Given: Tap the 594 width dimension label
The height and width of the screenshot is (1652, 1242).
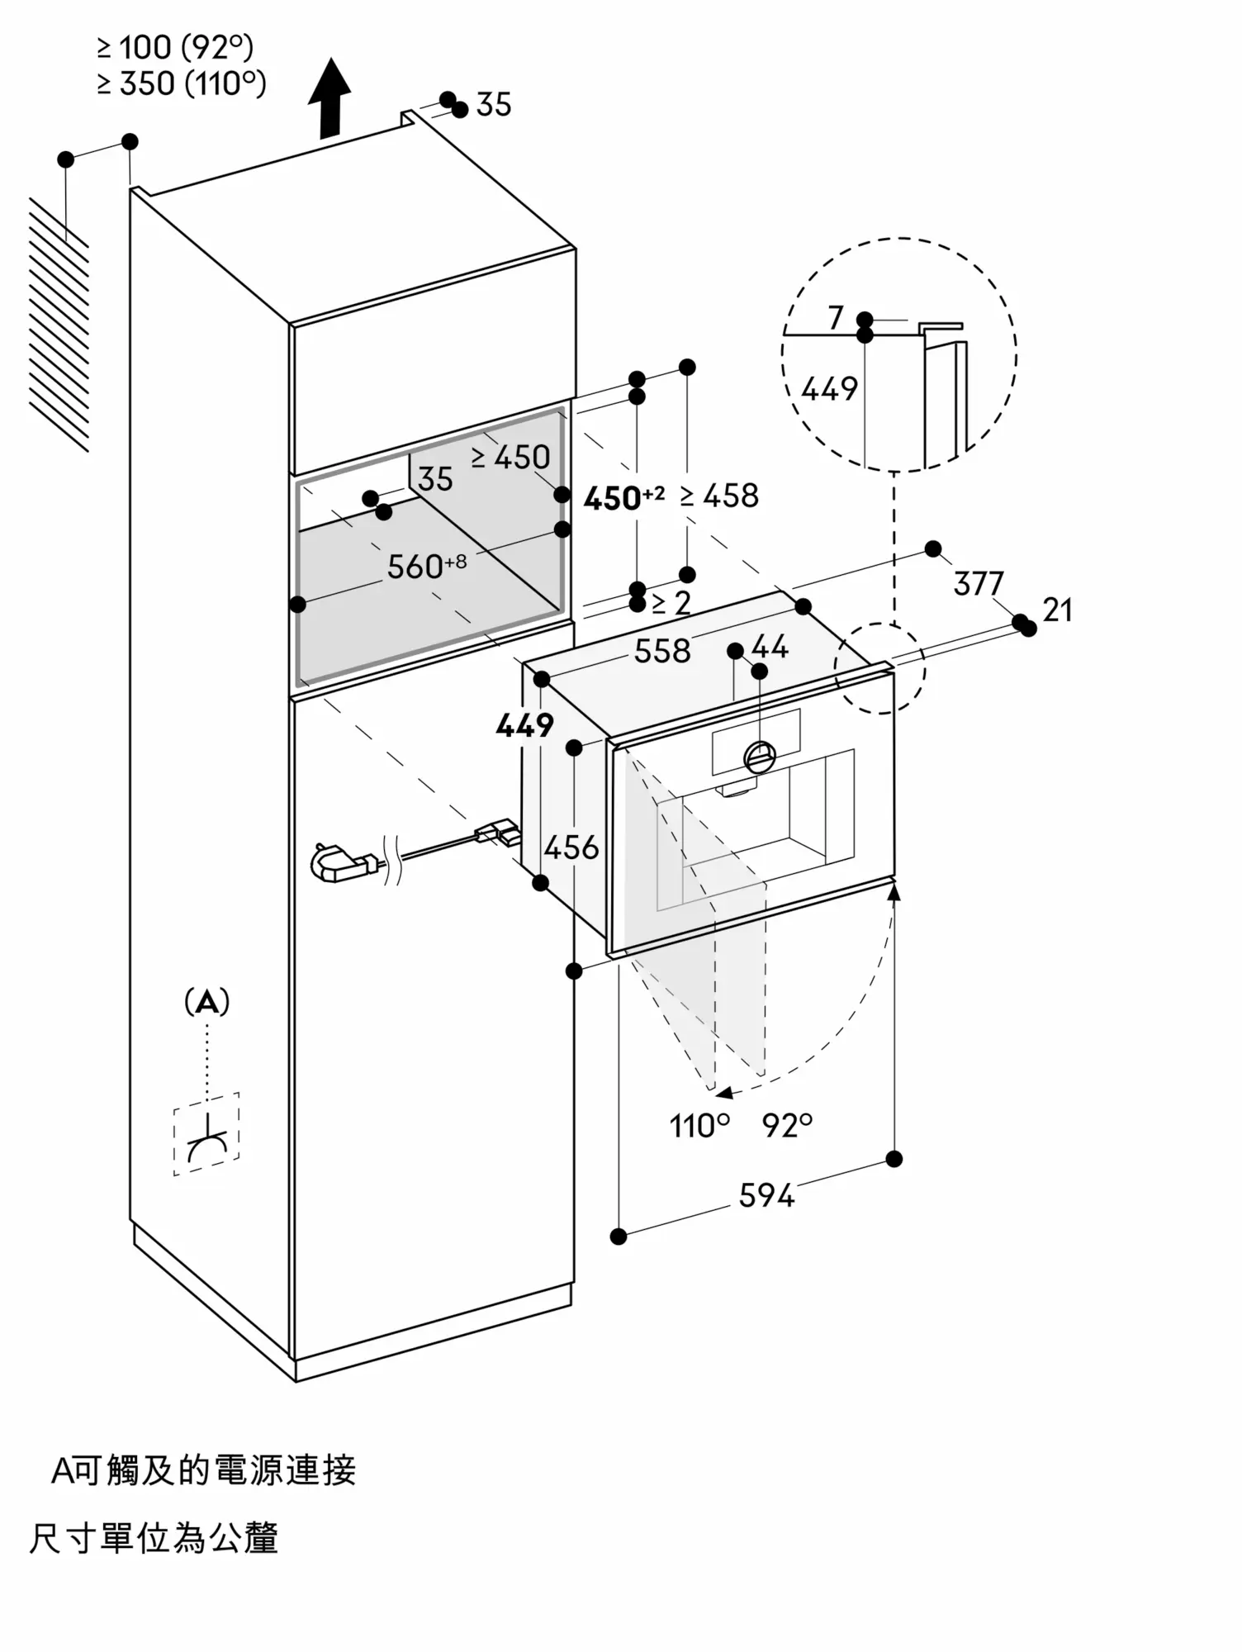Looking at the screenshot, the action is tap(766, 1195).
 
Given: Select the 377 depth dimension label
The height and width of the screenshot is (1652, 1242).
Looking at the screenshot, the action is tap(979, 584).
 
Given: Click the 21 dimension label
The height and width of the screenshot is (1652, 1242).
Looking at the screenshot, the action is tap(1058, 610).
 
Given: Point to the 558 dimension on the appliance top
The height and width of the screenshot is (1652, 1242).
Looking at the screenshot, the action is tap(662, 652).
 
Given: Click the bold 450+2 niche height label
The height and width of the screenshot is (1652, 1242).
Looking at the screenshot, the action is tap(623, 497).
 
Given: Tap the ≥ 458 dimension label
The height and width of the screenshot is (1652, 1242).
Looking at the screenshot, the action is tap(719, 496).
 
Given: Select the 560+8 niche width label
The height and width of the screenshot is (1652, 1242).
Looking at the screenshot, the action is tap(427, 567).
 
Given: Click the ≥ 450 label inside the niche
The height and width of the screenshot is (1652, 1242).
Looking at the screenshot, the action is tap(510, 457).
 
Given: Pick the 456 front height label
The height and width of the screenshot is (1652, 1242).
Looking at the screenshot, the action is tap(571, 847).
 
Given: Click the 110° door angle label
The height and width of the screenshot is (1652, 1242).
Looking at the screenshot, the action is tap(700, 1126).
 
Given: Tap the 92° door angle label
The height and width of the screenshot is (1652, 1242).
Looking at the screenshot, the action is tap(788, 1125).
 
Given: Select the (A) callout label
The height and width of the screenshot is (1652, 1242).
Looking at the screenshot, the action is tap(206, 1002).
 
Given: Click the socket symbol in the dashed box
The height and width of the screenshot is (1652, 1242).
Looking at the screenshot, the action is tap(206, 1133).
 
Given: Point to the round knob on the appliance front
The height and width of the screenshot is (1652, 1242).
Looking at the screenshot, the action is tap(760, 756).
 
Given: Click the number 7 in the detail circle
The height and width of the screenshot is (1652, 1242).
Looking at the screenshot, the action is tap(836, 318).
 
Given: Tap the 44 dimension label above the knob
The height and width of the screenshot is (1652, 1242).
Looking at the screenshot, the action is tap(770, 647).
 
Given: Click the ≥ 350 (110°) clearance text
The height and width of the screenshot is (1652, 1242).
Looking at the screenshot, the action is tap(182, 84).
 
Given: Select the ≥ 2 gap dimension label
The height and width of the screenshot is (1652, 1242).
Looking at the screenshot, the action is tap(671, 603).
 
